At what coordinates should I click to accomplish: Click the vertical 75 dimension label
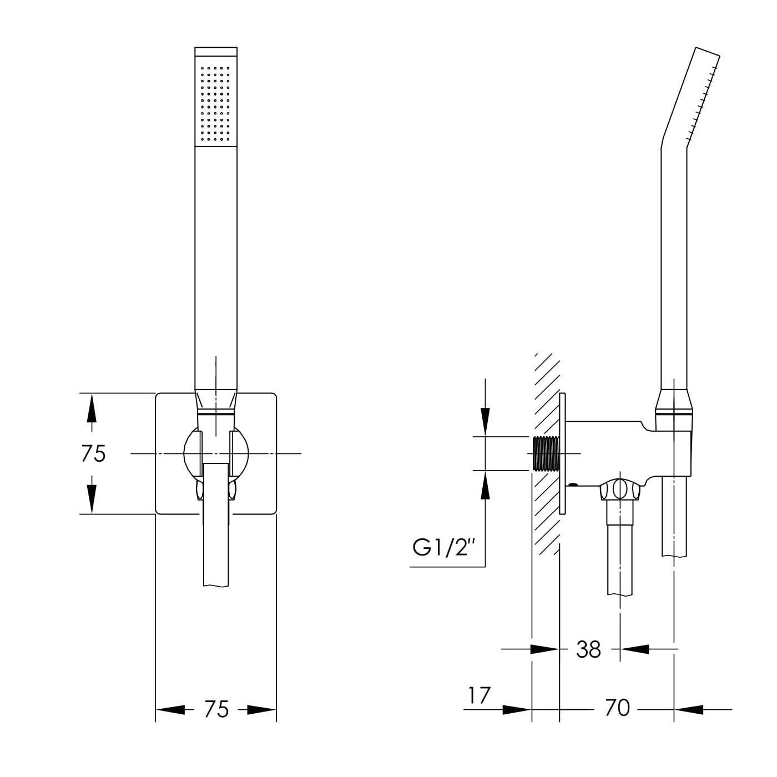pyautogui.click(x=93, y=453)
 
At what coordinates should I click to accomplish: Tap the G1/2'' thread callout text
pyautogui.click(x=442, y=548)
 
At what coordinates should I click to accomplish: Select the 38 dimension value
pyautogui.click(x=589, y=649)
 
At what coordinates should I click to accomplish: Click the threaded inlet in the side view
pyautogui.click(x=546, y=453)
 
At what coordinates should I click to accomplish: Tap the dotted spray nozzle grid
pyautogui.click(x=216, y=104)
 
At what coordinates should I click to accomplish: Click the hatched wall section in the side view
pyautogui.click(x=546, y=453)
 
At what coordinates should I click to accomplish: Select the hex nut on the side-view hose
pyautogui.click(x=620, y=490)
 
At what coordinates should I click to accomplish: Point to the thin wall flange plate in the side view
pyautogui.click(x=562, y=453)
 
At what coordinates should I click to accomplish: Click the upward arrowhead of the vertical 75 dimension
pyautogui.click(x=92, y=408)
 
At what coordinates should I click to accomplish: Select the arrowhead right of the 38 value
pyautogui.click(x=634, y=649)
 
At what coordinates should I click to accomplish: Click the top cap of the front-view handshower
pyautogui.click(x=216, y=51)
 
